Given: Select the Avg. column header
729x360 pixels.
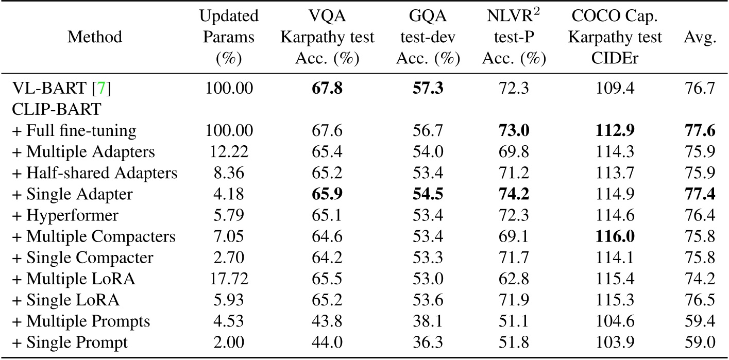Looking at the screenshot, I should click(x=704, y=37).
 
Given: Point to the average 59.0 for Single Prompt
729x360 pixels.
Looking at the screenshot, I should click(x=704, y=342).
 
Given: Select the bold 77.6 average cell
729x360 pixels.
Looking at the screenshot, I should click(x=704, y=131).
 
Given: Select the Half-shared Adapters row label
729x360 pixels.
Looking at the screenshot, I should click(x=94, y=173).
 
